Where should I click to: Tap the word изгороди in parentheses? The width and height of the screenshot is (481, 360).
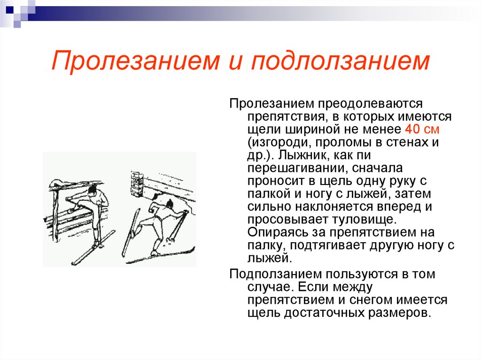coord(277,142)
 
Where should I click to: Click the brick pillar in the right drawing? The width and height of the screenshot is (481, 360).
coord(136,184)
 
